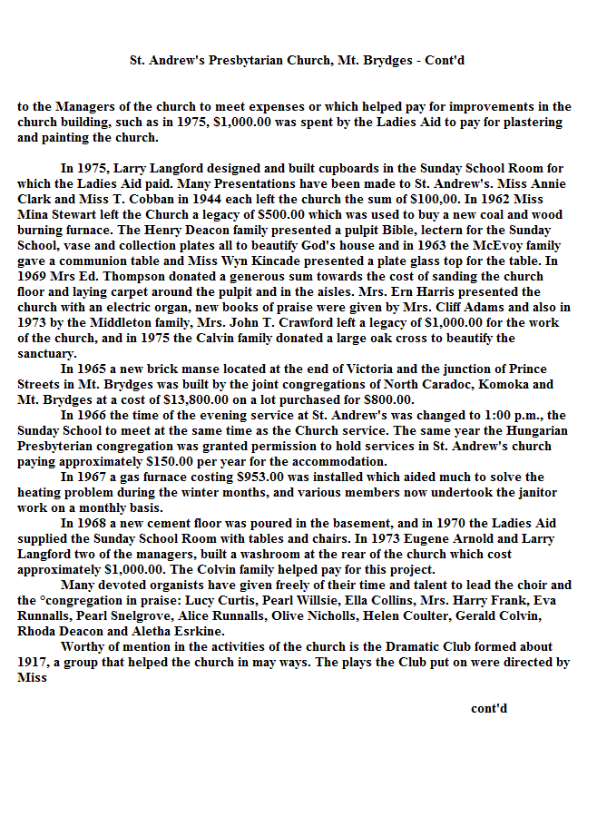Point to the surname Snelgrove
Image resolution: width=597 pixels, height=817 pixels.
click(136, 616)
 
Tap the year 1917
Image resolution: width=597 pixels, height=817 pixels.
click(33, 663)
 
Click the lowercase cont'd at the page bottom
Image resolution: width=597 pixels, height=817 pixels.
click(489, 708)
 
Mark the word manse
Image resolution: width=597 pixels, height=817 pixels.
click(193, 369)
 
